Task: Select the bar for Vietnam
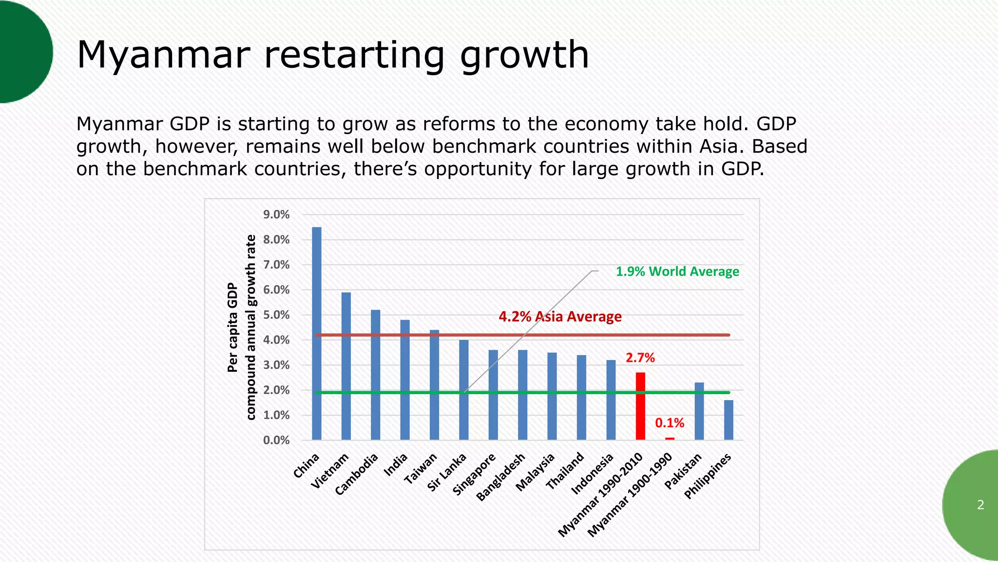pyautogui.click(x=346, y=366)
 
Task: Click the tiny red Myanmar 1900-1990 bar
pyautogui.click(x=670, y=439)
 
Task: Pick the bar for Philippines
pyautogui.click(x=729, y=420)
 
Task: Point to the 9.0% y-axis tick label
pyautogui.click(x=276, y=215)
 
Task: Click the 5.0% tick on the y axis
pyautogui.click(x=276, y=315)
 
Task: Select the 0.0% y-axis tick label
pyautogui.click(x=276, y=441)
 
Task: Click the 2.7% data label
pyautogui.click(x=640, y=358)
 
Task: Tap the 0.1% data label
pyautogui.click(x=670, y=423)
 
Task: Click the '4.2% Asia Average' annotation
pyautogui.click(x=560, y=317)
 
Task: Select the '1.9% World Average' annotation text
pyautogui.click(x=677, y=272)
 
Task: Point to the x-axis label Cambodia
pyautogui.click(x=357, y=474)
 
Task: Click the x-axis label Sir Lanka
pyautogui.click(x=447, y=472)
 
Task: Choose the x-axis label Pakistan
pyautogui.click(x=683, y=471)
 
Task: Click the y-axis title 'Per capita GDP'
pyautogui.click(x=233, y=327)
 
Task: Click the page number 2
pyautogui.click(x=980, y=505)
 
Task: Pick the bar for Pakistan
pyautogui.click(x=699, y=411)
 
